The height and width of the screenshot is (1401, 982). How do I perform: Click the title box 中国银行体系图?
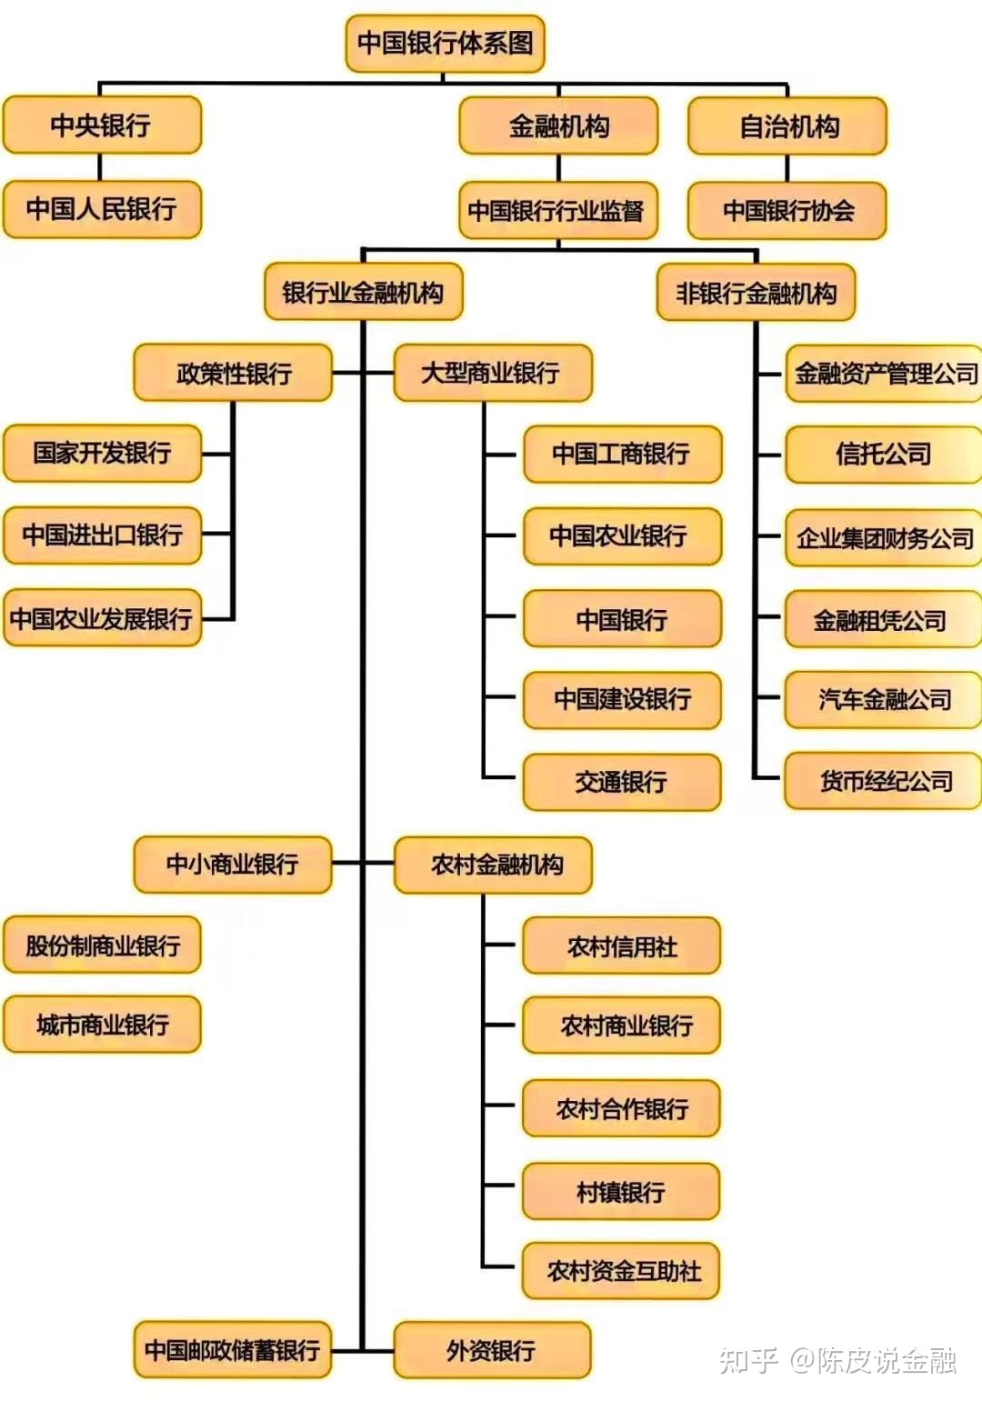445,44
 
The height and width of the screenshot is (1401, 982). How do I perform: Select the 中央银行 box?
102,125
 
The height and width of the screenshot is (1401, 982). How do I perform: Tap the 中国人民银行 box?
102,209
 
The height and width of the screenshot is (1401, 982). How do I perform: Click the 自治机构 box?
787,126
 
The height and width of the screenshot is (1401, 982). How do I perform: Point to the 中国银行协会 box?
787,210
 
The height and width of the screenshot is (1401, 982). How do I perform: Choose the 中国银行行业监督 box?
558,210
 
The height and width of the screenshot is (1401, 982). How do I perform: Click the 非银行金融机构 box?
756,293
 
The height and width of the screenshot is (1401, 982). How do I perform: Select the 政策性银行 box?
233,373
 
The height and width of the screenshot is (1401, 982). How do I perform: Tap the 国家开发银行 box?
102,454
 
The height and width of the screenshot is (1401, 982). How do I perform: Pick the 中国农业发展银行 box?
102,618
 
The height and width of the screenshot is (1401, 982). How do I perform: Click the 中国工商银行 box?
622,454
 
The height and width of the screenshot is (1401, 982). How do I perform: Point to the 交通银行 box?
622,782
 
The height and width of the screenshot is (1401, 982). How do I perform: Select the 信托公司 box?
883,454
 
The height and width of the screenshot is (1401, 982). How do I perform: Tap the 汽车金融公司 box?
883,700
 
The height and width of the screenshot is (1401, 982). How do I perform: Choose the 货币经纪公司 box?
883,781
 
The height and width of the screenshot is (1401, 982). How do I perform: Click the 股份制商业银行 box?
102,945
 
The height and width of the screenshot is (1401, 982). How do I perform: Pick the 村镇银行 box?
621,1192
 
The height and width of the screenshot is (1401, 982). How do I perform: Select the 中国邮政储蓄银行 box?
232,1350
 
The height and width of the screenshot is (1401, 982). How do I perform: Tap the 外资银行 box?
492,1350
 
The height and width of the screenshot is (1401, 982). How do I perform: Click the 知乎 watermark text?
748,1361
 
